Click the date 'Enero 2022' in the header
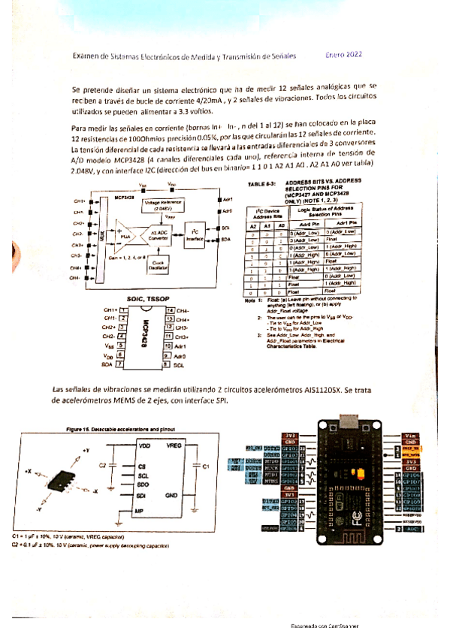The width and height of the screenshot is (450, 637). [345, 55]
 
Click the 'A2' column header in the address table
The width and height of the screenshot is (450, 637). [254, 225]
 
